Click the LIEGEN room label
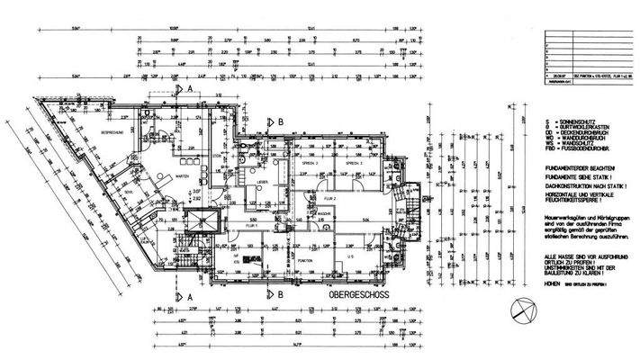[x=263, y=183]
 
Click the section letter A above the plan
[x=191, y=91]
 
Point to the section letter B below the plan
[x=281, y=294]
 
